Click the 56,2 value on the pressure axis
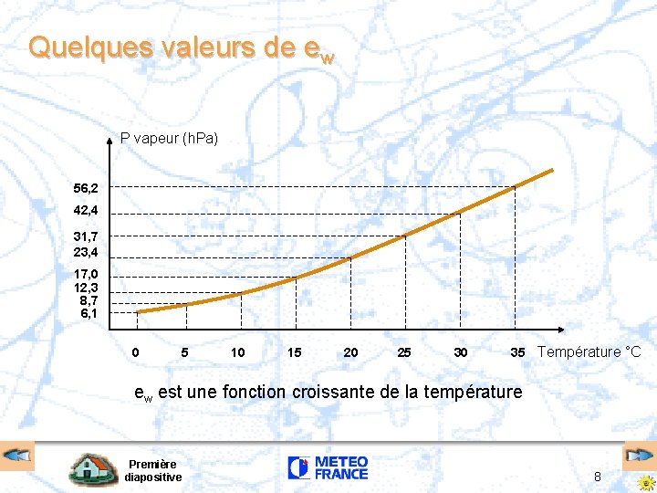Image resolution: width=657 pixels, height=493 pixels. (x=87, y=188)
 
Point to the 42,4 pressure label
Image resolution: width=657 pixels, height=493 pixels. (x=87, y=211)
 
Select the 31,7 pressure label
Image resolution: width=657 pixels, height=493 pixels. (x=87, y=236)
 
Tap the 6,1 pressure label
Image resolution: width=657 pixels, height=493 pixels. (x=90, y=313)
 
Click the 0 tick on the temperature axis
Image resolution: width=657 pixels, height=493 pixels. (x=136, y=352)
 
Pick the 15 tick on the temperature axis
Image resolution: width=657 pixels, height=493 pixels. (x=294, y=352)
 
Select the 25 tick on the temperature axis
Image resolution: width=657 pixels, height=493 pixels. (x=404, y=352)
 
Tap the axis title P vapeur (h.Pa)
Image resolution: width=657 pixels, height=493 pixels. (x=169, y=139)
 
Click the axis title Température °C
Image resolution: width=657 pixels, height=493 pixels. (x=589, y=352)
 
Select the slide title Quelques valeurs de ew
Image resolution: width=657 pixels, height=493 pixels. (x=181, y=47)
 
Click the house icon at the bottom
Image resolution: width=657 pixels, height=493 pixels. (x=94, y=469)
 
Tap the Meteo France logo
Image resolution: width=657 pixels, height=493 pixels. (x=328, y=468)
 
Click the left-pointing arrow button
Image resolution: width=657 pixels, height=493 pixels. (x=17, y=455)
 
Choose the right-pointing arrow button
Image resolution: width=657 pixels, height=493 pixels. (x=638, y=455)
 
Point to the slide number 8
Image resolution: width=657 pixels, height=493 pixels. (x=597, y=476)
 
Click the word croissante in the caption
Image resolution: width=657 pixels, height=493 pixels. (x=333, y=393)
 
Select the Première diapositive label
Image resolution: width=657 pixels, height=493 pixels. (x=152, y=470)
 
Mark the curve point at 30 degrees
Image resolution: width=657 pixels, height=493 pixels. (x=460, y=212)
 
